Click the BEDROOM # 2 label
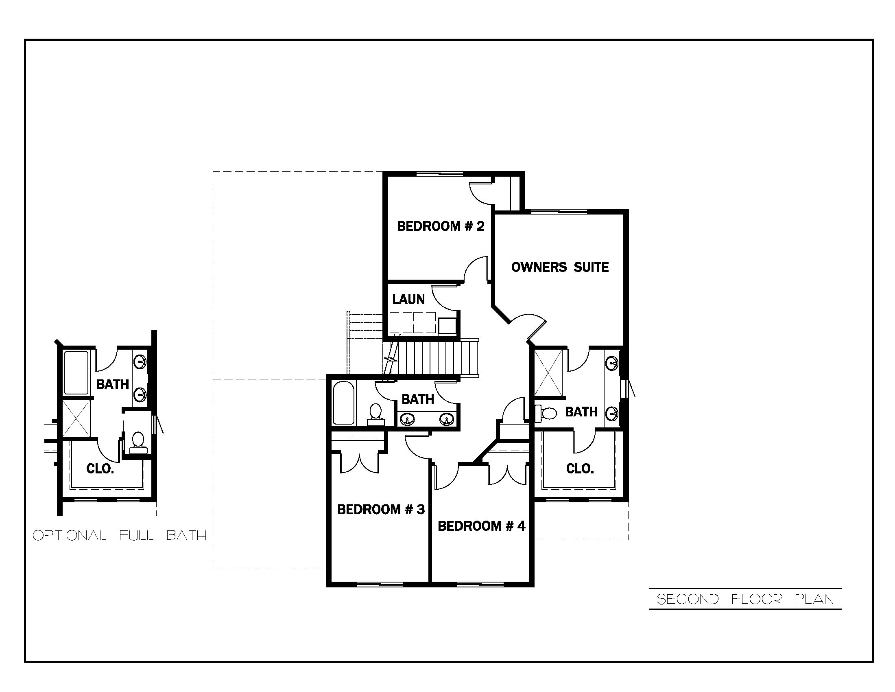pos(441,226)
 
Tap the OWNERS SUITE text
pos(560,267)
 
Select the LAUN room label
pos(408,299)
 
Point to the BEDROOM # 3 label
pos(381,509)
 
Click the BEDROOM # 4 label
pos(481,526)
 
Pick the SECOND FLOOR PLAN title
pos(745,599)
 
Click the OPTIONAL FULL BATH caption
pos(119,535)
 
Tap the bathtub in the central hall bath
pos(343,403)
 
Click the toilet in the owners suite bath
pos(546,413)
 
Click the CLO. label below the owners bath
pos(580,469)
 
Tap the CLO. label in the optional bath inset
pos(100,469)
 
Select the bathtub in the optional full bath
pos(76,372)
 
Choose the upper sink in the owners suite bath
pos(612,363)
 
